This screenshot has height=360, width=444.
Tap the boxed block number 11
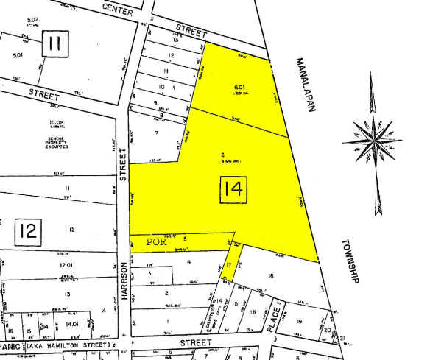[54, 43]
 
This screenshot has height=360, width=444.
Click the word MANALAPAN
[308, 85]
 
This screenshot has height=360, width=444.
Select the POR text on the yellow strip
[157, 240]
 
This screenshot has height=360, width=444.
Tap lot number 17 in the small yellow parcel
[229, 265]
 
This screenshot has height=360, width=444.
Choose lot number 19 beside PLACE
[300, 300]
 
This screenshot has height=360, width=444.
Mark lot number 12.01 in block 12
[68, 265]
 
